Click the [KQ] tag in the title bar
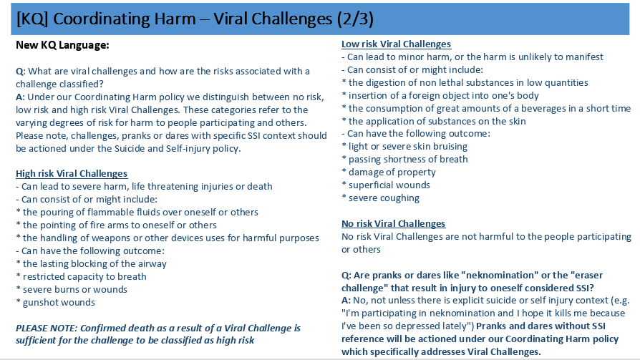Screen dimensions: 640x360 pos(32,19)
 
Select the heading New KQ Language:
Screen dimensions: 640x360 pos(62,45)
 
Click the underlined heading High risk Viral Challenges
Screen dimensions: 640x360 pos(72,173)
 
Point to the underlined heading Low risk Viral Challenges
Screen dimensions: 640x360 pos(397,44)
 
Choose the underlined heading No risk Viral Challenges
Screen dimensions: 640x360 pos(394,224)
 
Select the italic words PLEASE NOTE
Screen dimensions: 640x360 pos(46,329)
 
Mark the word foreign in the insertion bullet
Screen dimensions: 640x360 pos(425,95)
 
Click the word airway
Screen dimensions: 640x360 pos(152,263)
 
